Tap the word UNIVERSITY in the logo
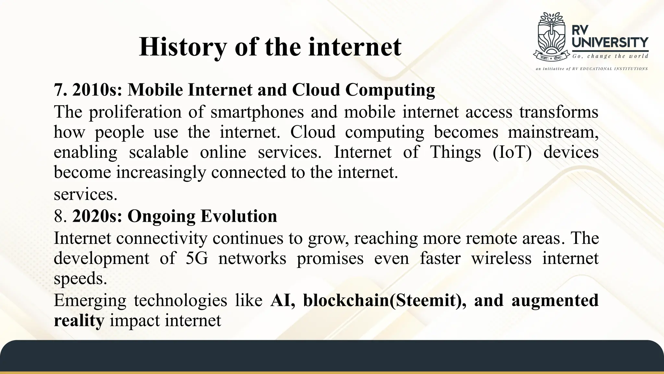pos(610,43)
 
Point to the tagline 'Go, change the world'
pos(610,56)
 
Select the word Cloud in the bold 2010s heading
pos(316,90)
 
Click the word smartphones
pos(257,112)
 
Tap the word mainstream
pos(552,132)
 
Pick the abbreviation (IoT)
pos(512,152)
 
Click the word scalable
pos(159,152)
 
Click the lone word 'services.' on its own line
pos(85,194)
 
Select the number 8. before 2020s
pos(60,216)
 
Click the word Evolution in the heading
pos(239,216)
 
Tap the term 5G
pos(196,258)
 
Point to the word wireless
pos(501,258)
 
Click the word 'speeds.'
pos(80,279)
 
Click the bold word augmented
pos(555,300)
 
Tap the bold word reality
pos(79,321)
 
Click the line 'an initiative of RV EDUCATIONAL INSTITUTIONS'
pos(591,69)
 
